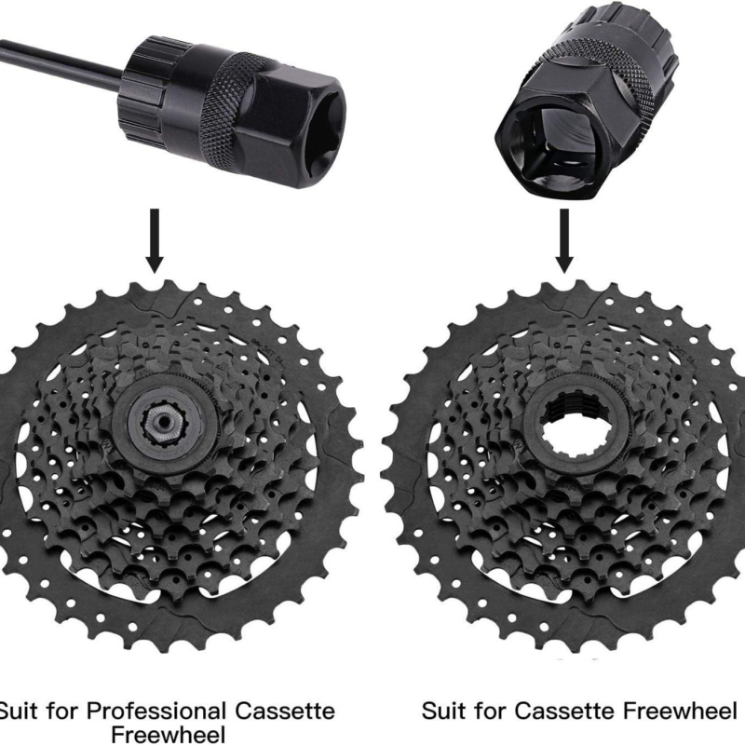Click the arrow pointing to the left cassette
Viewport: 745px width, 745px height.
155,240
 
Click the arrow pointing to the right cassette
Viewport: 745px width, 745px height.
564,240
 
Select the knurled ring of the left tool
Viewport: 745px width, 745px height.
224,113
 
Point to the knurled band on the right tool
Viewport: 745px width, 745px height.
613,73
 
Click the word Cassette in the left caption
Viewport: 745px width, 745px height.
285,711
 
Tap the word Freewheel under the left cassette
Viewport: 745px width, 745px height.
168,734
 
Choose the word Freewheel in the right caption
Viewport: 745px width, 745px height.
680,711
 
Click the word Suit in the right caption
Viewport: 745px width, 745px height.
444,711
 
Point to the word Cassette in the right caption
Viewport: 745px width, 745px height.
565,711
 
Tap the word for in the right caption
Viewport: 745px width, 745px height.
491,711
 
